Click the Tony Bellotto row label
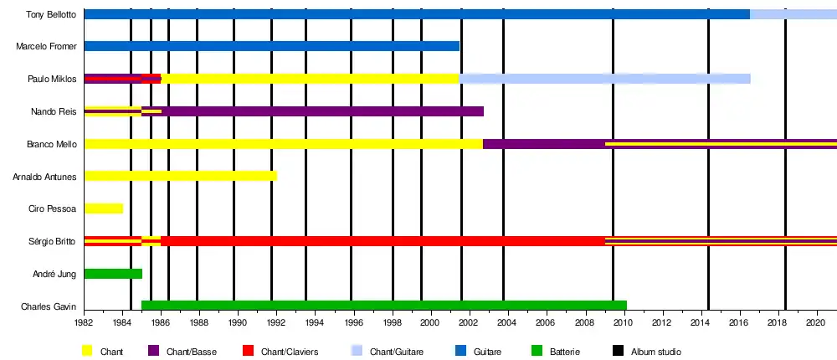click(52, 14)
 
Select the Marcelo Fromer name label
click(47, 46)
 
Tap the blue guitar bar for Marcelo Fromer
click(272, 46)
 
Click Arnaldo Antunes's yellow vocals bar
click(180, 176)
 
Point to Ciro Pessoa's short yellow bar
click(103, 208)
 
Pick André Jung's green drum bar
click(113, 274)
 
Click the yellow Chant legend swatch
click(87, 352)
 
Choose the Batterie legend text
click(566, 352)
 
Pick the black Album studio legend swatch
click(618, 352)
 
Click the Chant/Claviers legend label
click(292, 352)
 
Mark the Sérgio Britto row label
click(54, 241)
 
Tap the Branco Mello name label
click(52, 144)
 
